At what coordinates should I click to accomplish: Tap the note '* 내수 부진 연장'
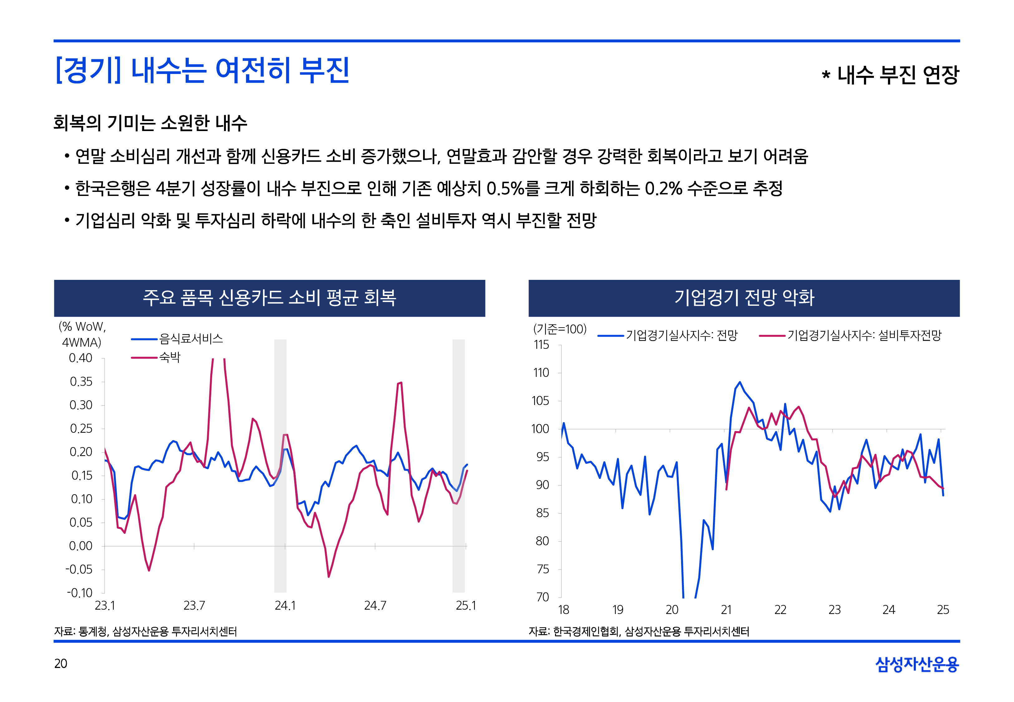890,75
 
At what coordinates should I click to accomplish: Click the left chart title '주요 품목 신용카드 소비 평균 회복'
270,298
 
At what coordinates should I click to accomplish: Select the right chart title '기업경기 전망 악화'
744,298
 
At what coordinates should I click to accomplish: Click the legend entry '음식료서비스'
191,339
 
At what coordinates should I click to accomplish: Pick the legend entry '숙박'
170,357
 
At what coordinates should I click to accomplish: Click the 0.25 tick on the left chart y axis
81,428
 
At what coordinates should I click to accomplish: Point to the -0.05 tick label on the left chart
79,570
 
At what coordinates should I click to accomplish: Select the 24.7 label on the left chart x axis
375,606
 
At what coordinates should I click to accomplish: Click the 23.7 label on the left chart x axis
194,606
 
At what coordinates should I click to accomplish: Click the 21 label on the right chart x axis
726,610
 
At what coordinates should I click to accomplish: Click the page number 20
61,663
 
